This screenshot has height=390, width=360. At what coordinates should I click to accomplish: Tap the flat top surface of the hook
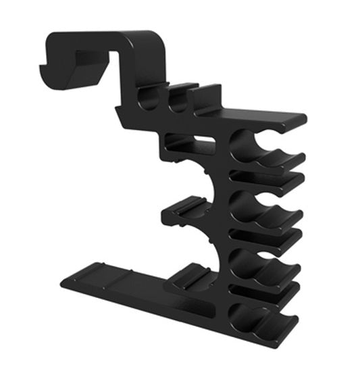click(x=101, y=39)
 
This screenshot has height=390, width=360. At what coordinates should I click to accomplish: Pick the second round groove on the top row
click(x=178, y=101)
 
